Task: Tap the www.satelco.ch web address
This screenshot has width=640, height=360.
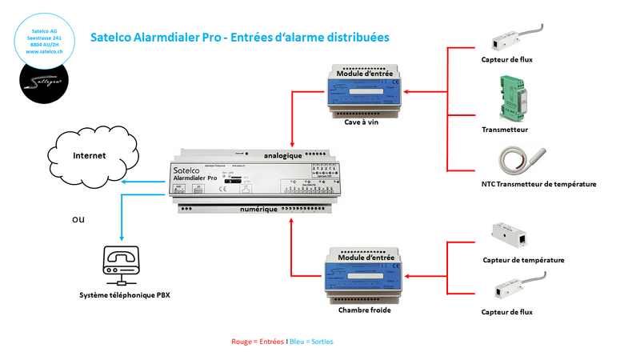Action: [x=45, y=51]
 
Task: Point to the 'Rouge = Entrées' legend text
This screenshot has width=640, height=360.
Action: [x=257, y=342]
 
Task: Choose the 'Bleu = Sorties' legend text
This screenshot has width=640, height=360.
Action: [x=311, y=342]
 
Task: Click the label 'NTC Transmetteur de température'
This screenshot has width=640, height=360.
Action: [x=538, y=184]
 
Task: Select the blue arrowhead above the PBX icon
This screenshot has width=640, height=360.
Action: [x=121, y=237]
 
